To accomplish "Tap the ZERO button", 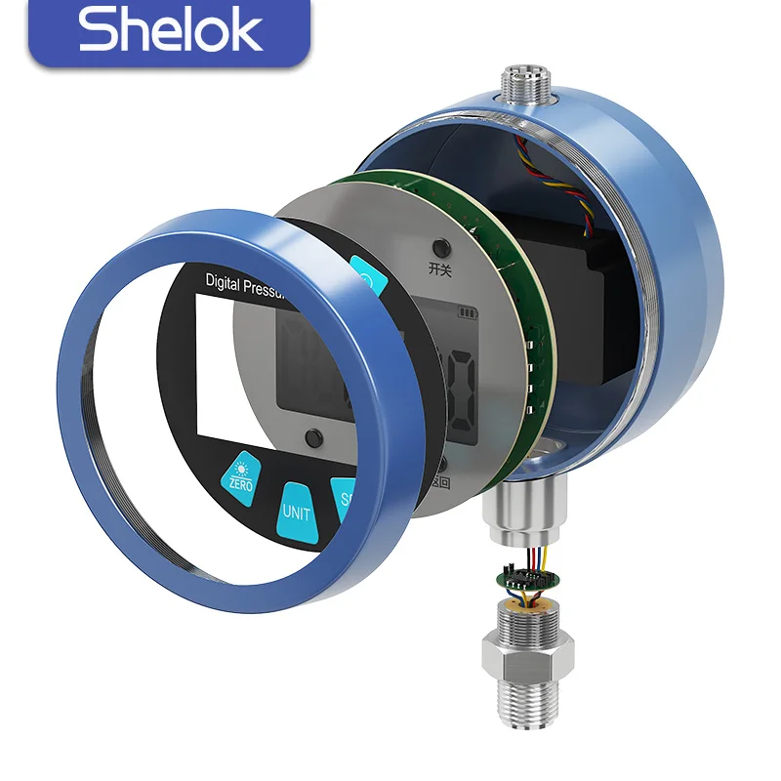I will (240, 474).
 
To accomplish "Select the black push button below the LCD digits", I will (312, 436).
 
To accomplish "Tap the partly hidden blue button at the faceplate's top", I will (368, 277).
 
